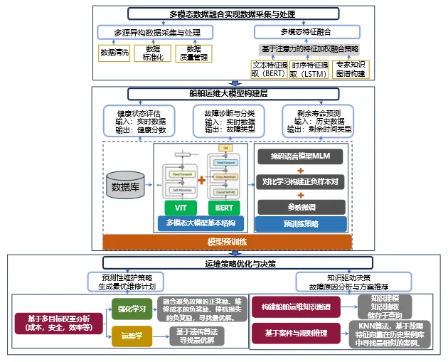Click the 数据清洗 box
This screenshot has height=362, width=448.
(113, 53)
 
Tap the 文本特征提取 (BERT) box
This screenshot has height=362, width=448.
(269, 68)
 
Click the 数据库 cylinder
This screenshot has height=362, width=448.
(126, 187)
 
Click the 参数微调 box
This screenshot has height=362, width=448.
(301, 206)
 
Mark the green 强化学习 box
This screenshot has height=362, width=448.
(132, 308)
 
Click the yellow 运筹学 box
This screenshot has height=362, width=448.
(132, 336)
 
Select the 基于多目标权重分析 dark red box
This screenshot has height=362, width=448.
(58, 322)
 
